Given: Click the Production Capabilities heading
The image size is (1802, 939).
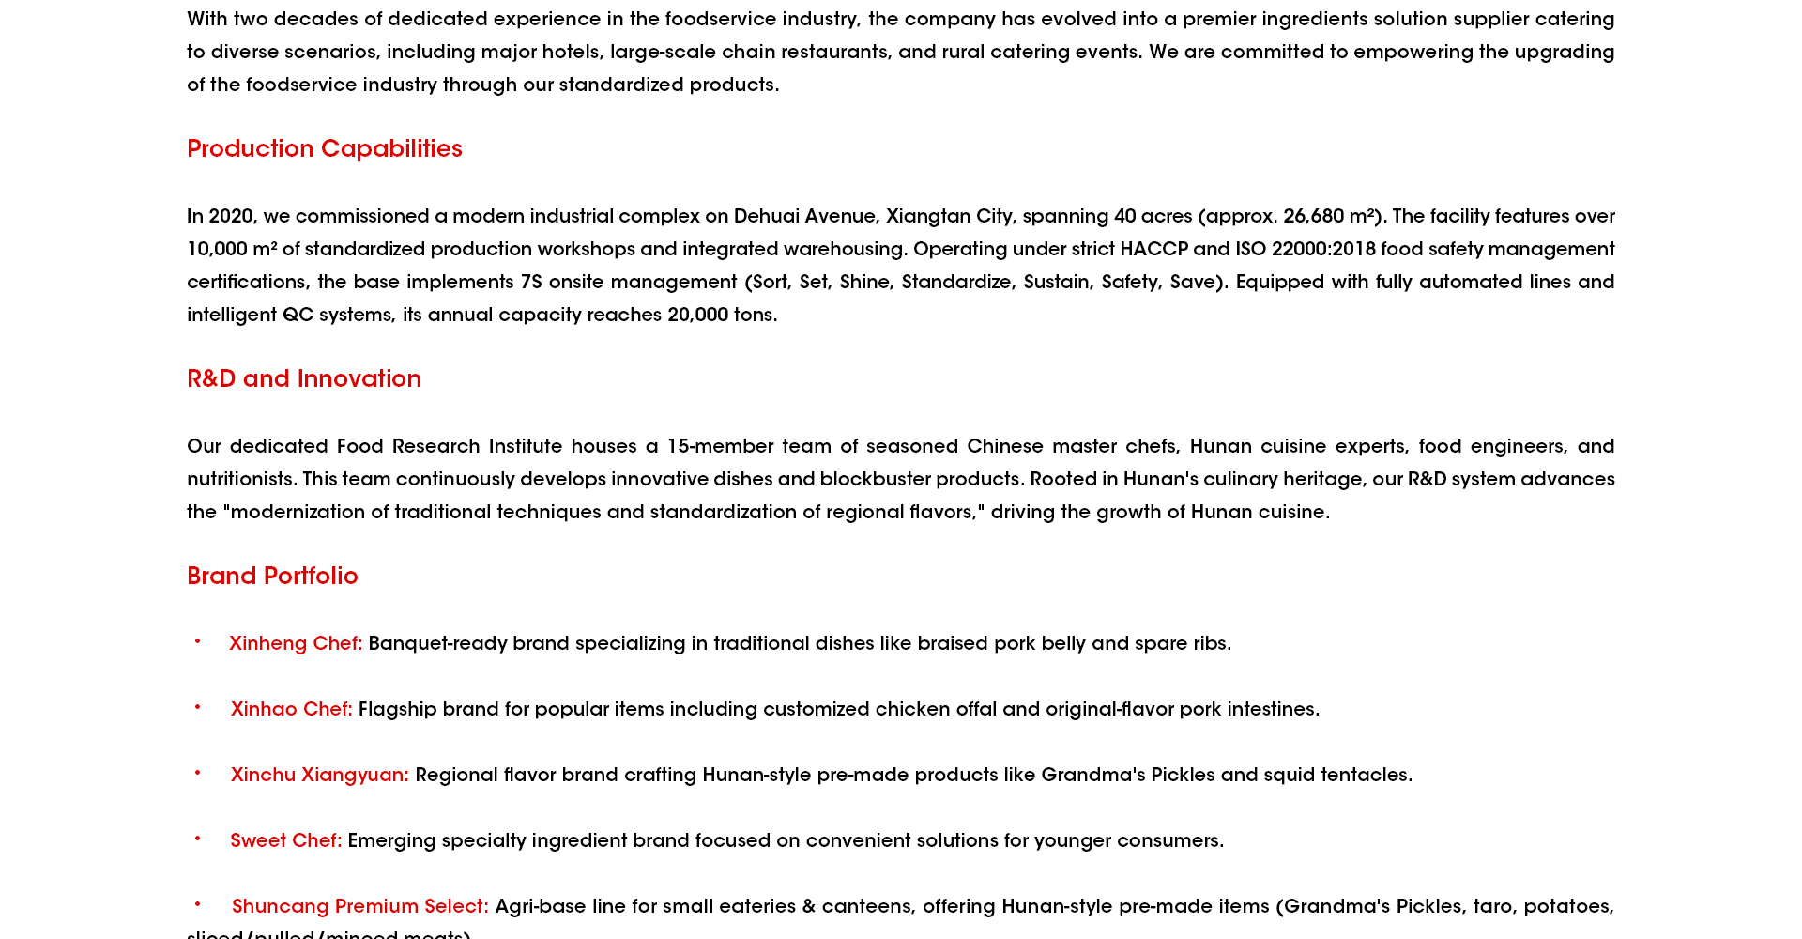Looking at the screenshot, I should pyautogui.click(x=324, y=149).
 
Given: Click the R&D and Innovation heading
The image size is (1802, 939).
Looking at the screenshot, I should pyautogui.click(x=304, y=379).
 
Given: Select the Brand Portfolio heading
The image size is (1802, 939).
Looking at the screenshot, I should pyautogui.click(x=272, y=577).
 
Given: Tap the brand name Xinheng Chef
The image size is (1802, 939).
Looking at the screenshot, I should pyautogui.click(x=295, y=644).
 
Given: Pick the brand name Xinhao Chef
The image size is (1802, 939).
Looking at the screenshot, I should pyautogui.click(x=291, y=710).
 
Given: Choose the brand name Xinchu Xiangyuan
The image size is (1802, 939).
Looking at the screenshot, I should pyautogui.click(x=319, y=776).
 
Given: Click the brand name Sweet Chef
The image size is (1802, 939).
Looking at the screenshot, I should pyautogui.click(x=285, y=841).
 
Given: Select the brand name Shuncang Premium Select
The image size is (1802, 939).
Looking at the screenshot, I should pyautogui.click(x=359, y=907).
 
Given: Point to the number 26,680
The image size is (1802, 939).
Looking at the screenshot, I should pyautogui.click(x=1313, y=217).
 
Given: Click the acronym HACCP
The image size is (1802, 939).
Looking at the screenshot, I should pyautogui.click(x=1153, y=250).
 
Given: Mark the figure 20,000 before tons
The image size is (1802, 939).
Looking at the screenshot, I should pyautogui.click(x=697, y=316).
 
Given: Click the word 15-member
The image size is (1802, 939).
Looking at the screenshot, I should pyautogui.click(x=720, y=447).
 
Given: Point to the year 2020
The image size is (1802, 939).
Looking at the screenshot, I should pyautogui.click(x=231, y=217).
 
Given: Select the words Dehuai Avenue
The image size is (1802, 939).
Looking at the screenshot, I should pyautogui.click(x=806, y=217).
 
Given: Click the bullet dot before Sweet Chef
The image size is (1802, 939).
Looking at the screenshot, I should pyautogui.click(x=197, y=839).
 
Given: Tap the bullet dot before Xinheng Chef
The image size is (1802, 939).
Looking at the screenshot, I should pyautogui.click(x=197, y=641).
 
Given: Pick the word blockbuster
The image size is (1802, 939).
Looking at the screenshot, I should pyautogui.click(x=875, y=480).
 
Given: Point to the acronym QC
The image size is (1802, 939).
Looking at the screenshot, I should pyautogui.click(x=298, y=316).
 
